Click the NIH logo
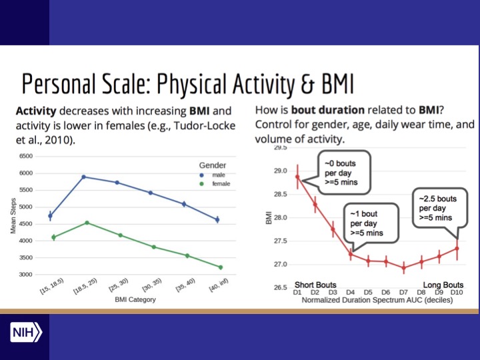pos(26,333)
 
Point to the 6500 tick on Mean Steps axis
pos(25,156)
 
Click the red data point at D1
pos(297,177)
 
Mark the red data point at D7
pos(403,267)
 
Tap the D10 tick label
pos(457,292)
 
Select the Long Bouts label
pos(443,285)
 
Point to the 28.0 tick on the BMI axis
pos(280,217)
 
